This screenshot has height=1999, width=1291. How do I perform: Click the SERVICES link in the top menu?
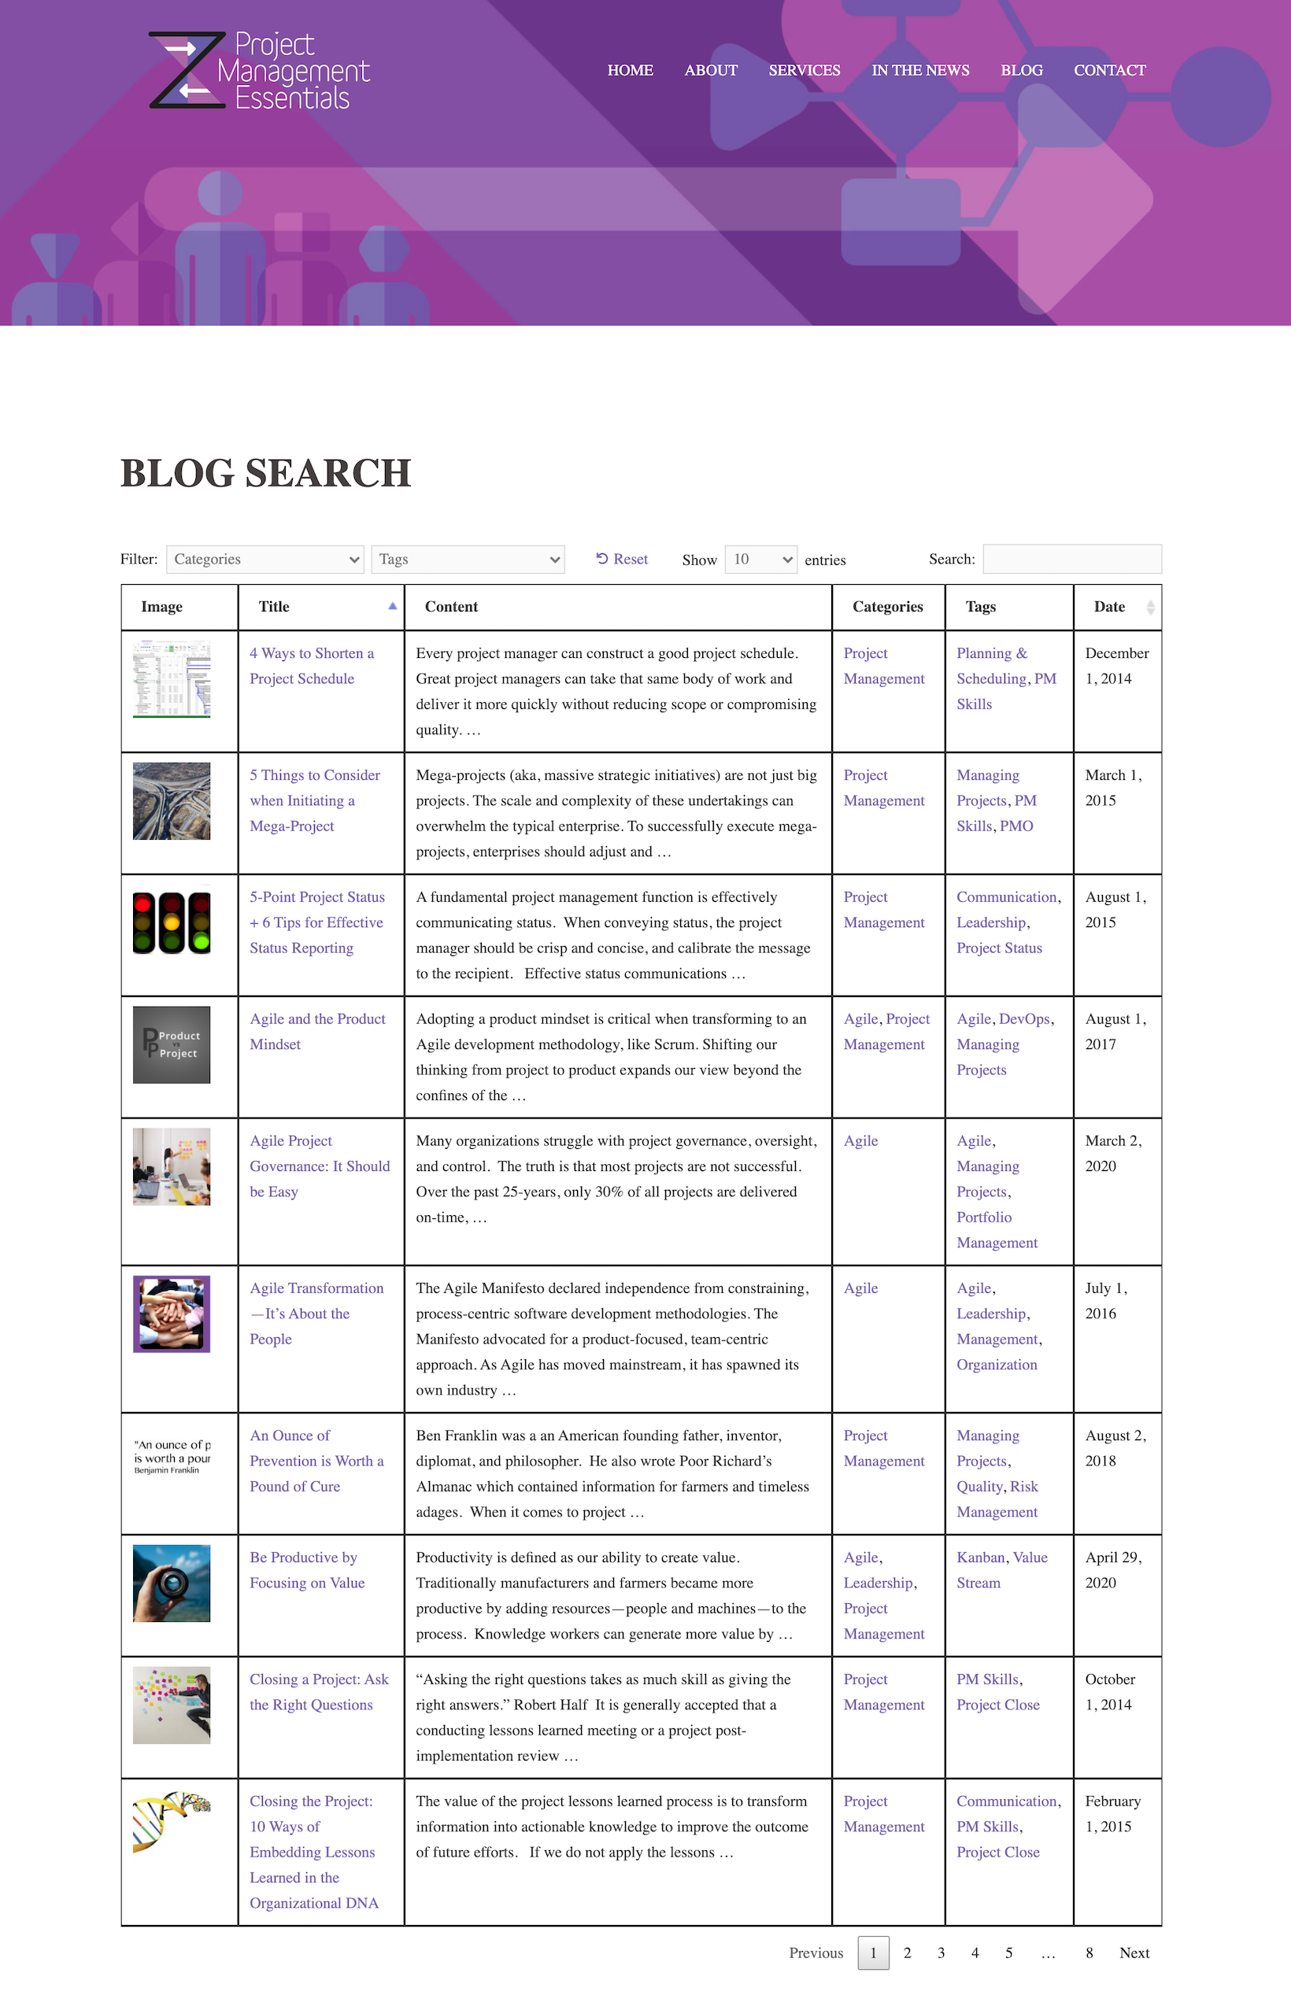point(804,70)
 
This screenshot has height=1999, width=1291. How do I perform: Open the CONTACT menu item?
point(1109,70)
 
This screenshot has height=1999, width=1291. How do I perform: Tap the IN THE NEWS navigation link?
point(919,70)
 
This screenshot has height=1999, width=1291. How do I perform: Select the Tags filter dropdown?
point(467,559)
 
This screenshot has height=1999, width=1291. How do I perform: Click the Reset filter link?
point(622,559)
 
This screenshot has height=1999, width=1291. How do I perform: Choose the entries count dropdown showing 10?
point(760,559)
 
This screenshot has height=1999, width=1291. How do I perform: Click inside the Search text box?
point(1071,559)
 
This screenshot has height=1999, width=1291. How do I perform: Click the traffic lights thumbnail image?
point(172,923)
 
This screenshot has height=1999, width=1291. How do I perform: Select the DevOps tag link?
point(1023,1019)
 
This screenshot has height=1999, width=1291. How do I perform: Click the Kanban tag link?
point(980,1557)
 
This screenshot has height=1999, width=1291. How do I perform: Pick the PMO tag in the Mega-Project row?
point(1016,826)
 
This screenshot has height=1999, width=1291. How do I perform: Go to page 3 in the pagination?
point(941,1953)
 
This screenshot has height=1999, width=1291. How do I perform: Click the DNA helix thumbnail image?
point(172,1821)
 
